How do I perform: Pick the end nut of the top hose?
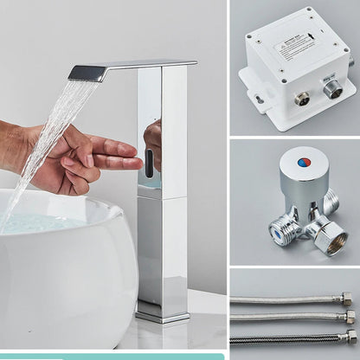click(346, 299)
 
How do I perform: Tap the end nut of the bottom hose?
click(350, 336)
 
